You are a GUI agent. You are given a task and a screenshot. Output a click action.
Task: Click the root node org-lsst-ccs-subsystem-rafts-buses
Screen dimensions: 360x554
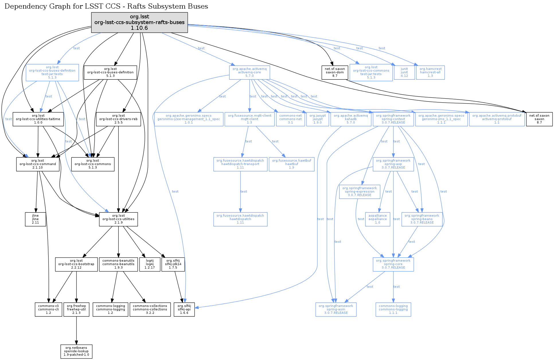click(139, 22)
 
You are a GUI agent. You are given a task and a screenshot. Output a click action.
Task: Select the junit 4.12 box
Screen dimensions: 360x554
click(404, 72)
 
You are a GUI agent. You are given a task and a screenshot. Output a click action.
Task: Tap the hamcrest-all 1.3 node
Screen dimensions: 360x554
click(430, 72)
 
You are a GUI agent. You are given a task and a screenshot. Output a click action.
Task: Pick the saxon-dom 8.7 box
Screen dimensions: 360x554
click(335, 72)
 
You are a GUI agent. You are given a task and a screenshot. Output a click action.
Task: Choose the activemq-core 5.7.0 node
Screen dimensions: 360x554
click(249, 72)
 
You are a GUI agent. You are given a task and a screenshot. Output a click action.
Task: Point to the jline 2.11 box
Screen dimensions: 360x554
click(35, 219)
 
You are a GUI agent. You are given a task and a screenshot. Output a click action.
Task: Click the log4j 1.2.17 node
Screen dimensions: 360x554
click(150, 264)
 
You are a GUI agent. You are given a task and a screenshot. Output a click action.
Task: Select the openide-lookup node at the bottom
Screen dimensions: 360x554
click(76, 351)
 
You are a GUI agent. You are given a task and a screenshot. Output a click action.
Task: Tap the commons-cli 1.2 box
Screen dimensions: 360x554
click(48, 310)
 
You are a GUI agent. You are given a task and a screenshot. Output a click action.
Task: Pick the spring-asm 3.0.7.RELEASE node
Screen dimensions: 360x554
click(336, 310)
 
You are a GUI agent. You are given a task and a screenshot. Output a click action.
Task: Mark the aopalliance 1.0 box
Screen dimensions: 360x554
click(378, 219)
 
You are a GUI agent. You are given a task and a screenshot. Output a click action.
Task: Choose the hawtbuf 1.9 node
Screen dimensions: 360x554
click(292, 164)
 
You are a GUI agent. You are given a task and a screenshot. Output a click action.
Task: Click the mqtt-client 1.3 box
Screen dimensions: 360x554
click(249, 119)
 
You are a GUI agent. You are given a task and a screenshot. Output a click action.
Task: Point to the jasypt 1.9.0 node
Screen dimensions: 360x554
click(317, 119)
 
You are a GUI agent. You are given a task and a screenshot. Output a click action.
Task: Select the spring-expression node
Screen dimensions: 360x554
click(360, 192)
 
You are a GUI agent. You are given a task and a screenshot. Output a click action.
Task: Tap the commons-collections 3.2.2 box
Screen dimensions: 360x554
click(150, 310)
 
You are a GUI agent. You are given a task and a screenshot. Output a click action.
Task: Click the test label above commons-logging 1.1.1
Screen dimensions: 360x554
click(397, 287)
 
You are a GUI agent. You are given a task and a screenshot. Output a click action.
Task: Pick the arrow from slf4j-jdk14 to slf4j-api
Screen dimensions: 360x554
click(178, 287)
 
